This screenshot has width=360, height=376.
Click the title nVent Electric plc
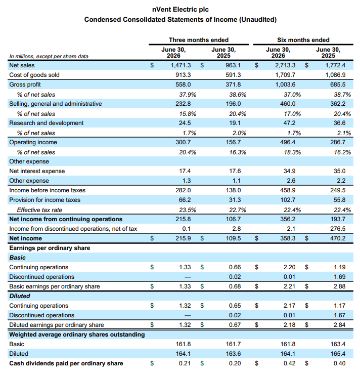(x=180, y=9)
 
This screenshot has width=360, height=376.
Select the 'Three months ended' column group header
(x=199, y=40)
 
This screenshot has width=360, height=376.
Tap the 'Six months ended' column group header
(x=303, y=40)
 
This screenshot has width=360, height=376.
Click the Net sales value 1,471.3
(x=181, y=65)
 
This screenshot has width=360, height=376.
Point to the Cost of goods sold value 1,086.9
(x=335, y=75)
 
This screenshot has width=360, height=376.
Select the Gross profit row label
(x=25, y=85)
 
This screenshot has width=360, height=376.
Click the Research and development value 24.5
(x=185, y=123)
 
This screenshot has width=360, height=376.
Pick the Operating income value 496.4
(x=288, y=142)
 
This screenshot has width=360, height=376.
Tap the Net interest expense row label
(x=37, y=171)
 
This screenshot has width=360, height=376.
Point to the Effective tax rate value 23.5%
(x=188, y=210)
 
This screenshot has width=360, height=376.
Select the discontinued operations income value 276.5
(x=338, y=229)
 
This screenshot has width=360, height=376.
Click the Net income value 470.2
(x=338, y=238)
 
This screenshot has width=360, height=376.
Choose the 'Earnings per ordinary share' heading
(x=50, y=248)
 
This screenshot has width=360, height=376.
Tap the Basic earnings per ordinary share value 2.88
(x=339, y=286)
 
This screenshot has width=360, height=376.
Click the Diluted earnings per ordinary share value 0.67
(x=235, y=325)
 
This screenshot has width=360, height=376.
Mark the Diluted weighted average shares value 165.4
(x=338, y=354)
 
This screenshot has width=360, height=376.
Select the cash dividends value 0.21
(x=185, y=363)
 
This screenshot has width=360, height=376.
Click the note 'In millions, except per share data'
(x=49, y=56)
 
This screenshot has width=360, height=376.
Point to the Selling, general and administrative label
(x=56, y=104)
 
